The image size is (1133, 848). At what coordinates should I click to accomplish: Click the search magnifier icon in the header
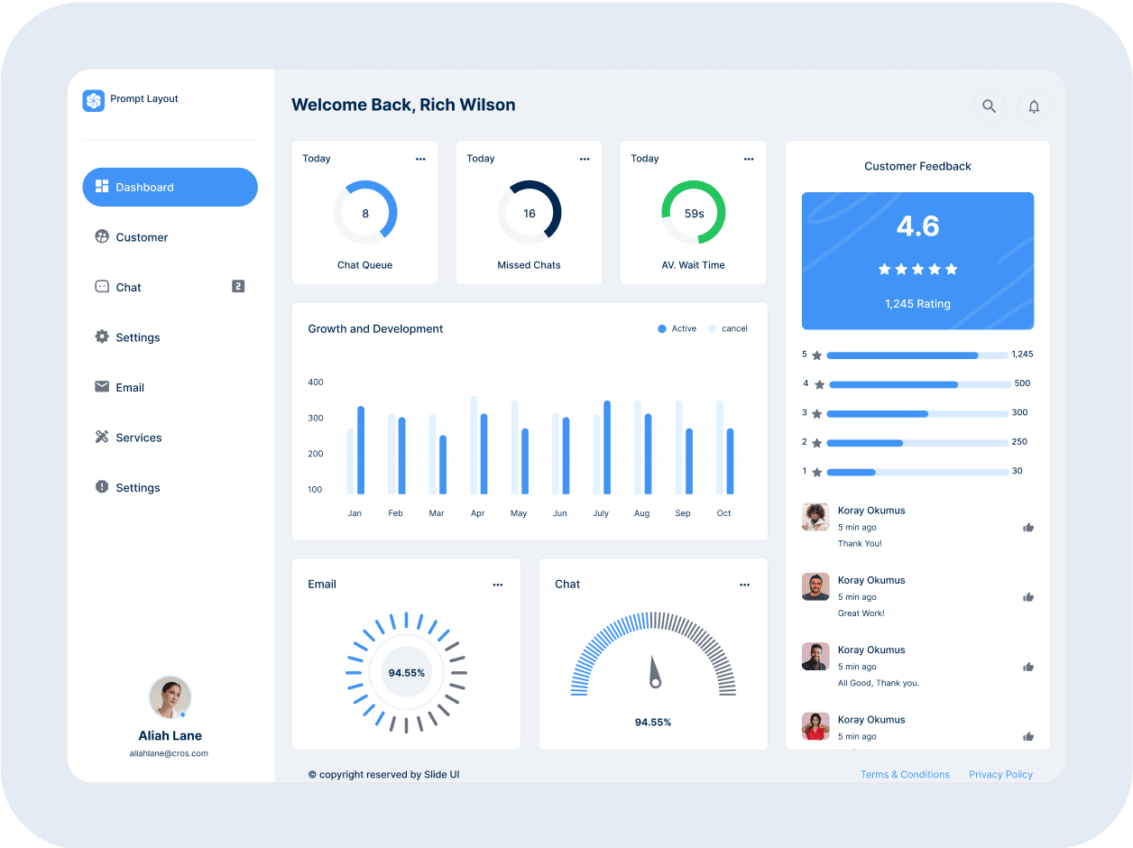click(x=989, y=106)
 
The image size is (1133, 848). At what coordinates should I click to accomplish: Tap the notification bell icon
click(x=1034, y=106)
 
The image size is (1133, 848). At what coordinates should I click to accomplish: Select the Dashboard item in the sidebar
click(x=170, y=188)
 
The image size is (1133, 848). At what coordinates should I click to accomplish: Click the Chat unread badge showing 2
click(x=238, y=287)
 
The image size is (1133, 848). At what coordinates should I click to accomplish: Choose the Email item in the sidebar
click(x=130, y=388)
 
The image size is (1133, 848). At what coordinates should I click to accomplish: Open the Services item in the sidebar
click(x=138, y=438)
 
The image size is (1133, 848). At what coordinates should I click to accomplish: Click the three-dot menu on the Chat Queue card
click(x=420, y=159)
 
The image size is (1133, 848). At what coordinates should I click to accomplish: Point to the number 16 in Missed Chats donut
click(x=530, y=214)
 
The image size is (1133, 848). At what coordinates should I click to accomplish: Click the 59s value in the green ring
click(x=694, y=214)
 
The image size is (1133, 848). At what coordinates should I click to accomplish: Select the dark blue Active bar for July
click(x=607, y=447)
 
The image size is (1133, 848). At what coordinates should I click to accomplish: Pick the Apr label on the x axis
click(x=477, y=513)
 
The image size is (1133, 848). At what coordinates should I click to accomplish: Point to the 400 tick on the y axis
click(x=315, y=383)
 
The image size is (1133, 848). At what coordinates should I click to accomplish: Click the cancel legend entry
click(x=728, y=329)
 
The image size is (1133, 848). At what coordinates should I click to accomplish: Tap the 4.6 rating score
click(x=917, y=226)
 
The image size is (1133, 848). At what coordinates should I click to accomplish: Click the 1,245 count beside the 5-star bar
click(x=1022, y=355)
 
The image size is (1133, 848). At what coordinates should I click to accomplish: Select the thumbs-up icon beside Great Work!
click(x=1028, y=597)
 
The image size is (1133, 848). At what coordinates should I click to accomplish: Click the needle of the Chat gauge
click(x=654, y=672)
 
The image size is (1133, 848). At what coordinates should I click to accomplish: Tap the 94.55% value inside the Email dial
click(x=406, y=673)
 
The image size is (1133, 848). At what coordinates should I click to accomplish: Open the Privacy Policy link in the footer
click(x=1000, y=775)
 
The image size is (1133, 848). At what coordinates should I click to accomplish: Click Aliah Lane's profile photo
click(x=170, y=696)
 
